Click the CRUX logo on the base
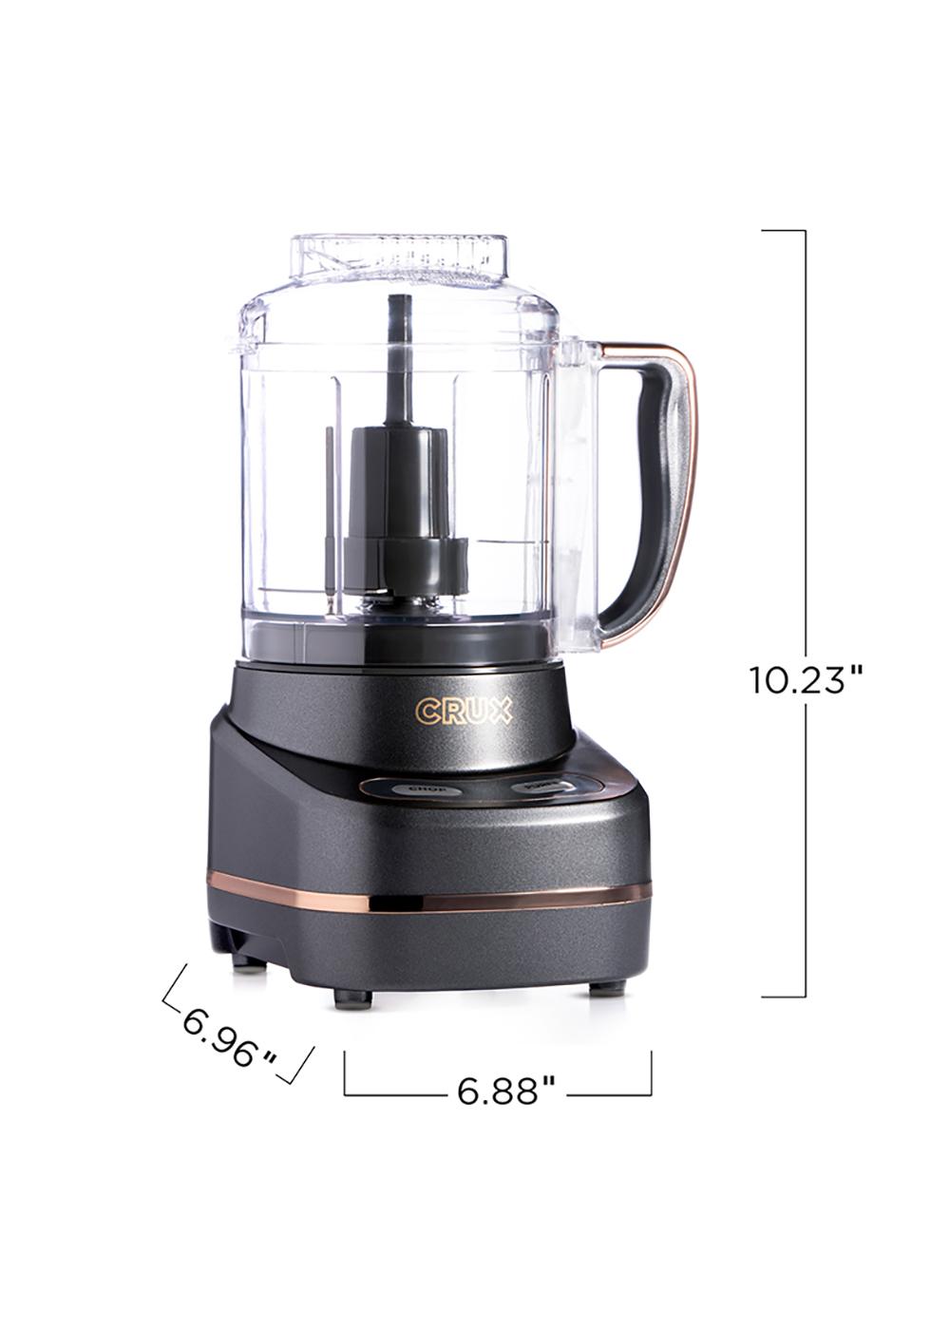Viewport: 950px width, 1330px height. pos(464,711)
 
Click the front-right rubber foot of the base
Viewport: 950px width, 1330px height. pos(600,988)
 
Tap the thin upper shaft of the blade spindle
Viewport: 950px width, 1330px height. pos(397,361)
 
